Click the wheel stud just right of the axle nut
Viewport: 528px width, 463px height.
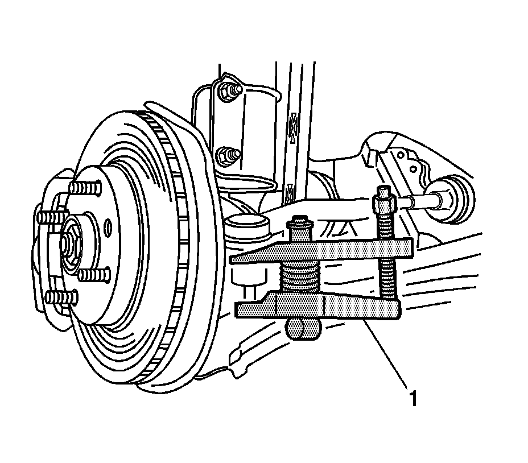(x=93, y=276)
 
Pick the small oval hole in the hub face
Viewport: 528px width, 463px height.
(x=108, y=229)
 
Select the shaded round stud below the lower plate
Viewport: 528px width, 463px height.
(x=302, y=329)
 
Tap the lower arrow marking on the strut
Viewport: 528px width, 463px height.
(x=290, y=192)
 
